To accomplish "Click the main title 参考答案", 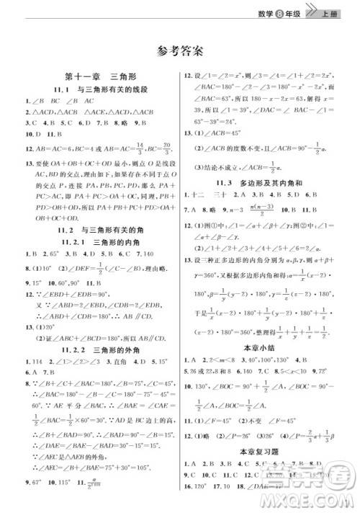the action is [180, 50].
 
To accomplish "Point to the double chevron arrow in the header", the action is [312, 9].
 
